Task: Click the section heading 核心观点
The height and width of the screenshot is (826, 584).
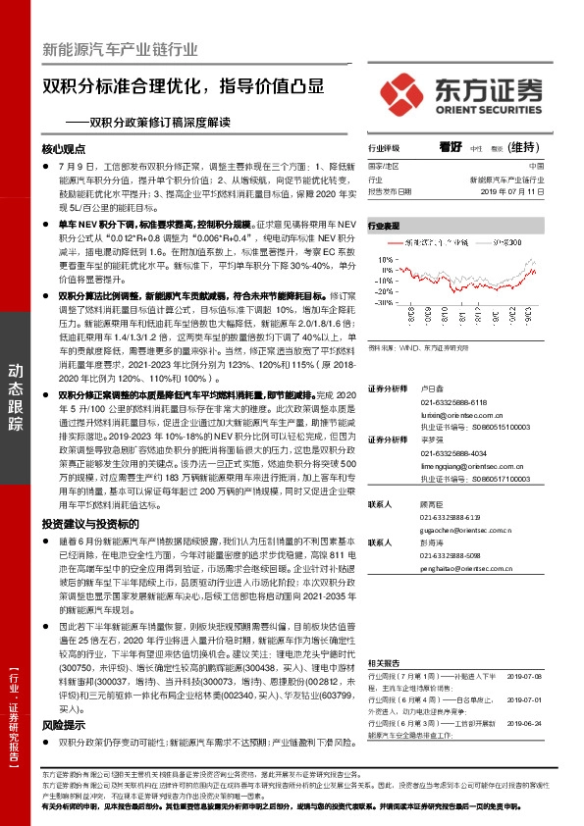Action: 64,148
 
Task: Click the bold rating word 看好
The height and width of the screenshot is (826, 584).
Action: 451,147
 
